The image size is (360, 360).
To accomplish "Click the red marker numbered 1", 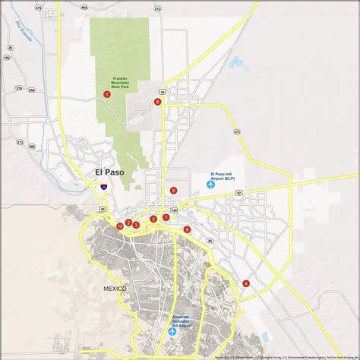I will coord(107,94).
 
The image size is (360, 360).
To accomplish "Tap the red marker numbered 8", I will coord(158,102).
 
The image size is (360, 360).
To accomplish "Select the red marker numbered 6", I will coord(174,191).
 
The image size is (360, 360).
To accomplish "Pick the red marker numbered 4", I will coord(246,283).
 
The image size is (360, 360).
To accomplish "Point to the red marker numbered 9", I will coord(187,229).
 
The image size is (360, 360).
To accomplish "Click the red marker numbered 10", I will coord(120,226).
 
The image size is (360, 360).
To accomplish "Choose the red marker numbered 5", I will coord(153,219).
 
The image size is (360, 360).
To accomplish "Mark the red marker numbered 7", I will coord(166,217).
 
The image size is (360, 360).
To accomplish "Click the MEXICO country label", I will coord(116,289).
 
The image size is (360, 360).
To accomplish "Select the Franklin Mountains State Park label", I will coord(121,84).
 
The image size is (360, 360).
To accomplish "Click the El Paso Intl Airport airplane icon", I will coord(212,185).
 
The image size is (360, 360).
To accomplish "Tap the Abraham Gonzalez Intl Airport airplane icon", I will coord(172,330).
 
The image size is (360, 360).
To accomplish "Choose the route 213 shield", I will coord(157,8).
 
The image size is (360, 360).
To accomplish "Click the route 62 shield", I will coord(238,193).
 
